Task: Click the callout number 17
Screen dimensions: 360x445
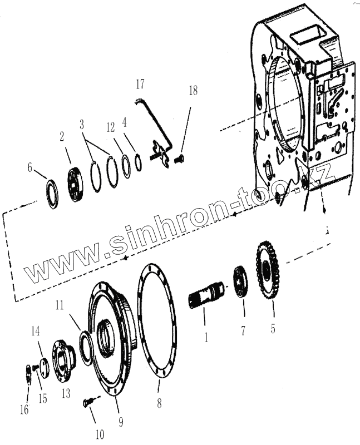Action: tap(139, 85)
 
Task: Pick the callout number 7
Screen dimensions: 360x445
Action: tap(243, 331)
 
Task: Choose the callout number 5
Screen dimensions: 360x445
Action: tap(273, 328)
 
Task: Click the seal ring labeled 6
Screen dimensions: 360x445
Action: tap(52, 193)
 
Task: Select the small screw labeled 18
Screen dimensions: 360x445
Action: tap(179, 159)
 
